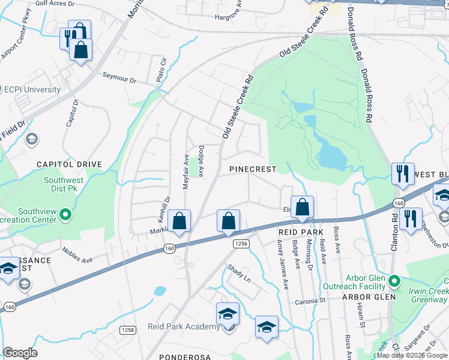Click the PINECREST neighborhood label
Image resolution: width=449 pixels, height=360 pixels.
point(253,170)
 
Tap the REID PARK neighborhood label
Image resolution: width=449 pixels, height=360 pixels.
point(301,232)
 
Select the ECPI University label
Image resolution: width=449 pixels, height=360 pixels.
point(32,90)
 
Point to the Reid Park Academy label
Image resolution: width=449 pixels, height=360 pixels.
point(184,326)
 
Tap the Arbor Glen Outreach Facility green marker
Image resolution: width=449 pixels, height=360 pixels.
point(394,281)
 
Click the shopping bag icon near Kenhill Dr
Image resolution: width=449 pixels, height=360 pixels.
point(179,221)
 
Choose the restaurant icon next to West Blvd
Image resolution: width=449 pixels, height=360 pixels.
point(402,174)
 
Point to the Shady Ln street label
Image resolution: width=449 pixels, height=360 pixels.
point(238,274)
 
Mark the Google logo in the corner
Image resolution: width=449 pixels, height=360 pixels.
point(20,353)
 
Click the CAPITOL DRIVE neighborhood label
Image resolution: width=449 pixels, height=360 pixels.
point(69,164)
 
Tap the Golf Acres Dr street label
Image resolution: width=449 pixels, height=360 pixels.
point(55,3)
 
